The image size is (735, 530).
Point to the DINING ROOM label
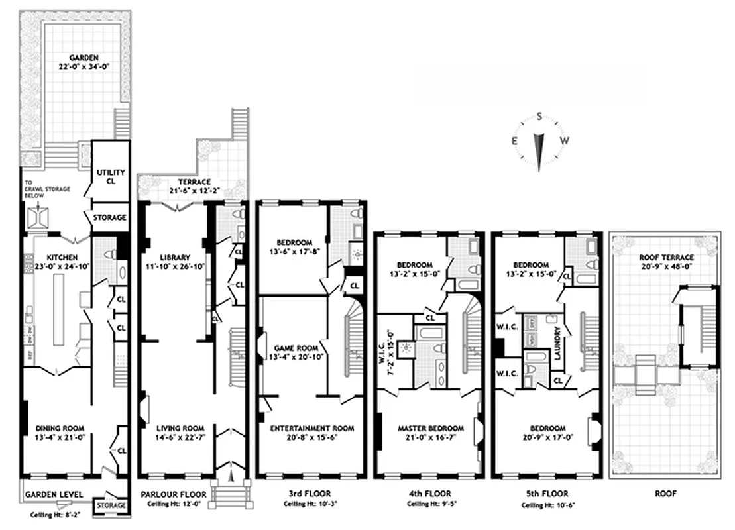click(x=60, y=428)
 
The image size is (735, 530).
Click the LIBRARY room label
click(x=175, y=258)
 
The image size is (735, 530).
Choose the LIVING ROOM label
click(x=176, y=428)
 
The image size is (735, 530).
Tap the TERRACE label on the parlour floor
click(x=194, y=182)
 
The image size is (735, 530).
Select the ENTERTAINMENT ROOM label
click(x=311, y=429)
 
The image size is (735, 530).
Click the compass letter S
click(x=540, y=117)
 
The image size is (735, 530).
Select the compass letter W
click(x=565, y=140)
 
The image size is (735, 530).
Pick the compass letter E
click(x=515, y=140)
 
